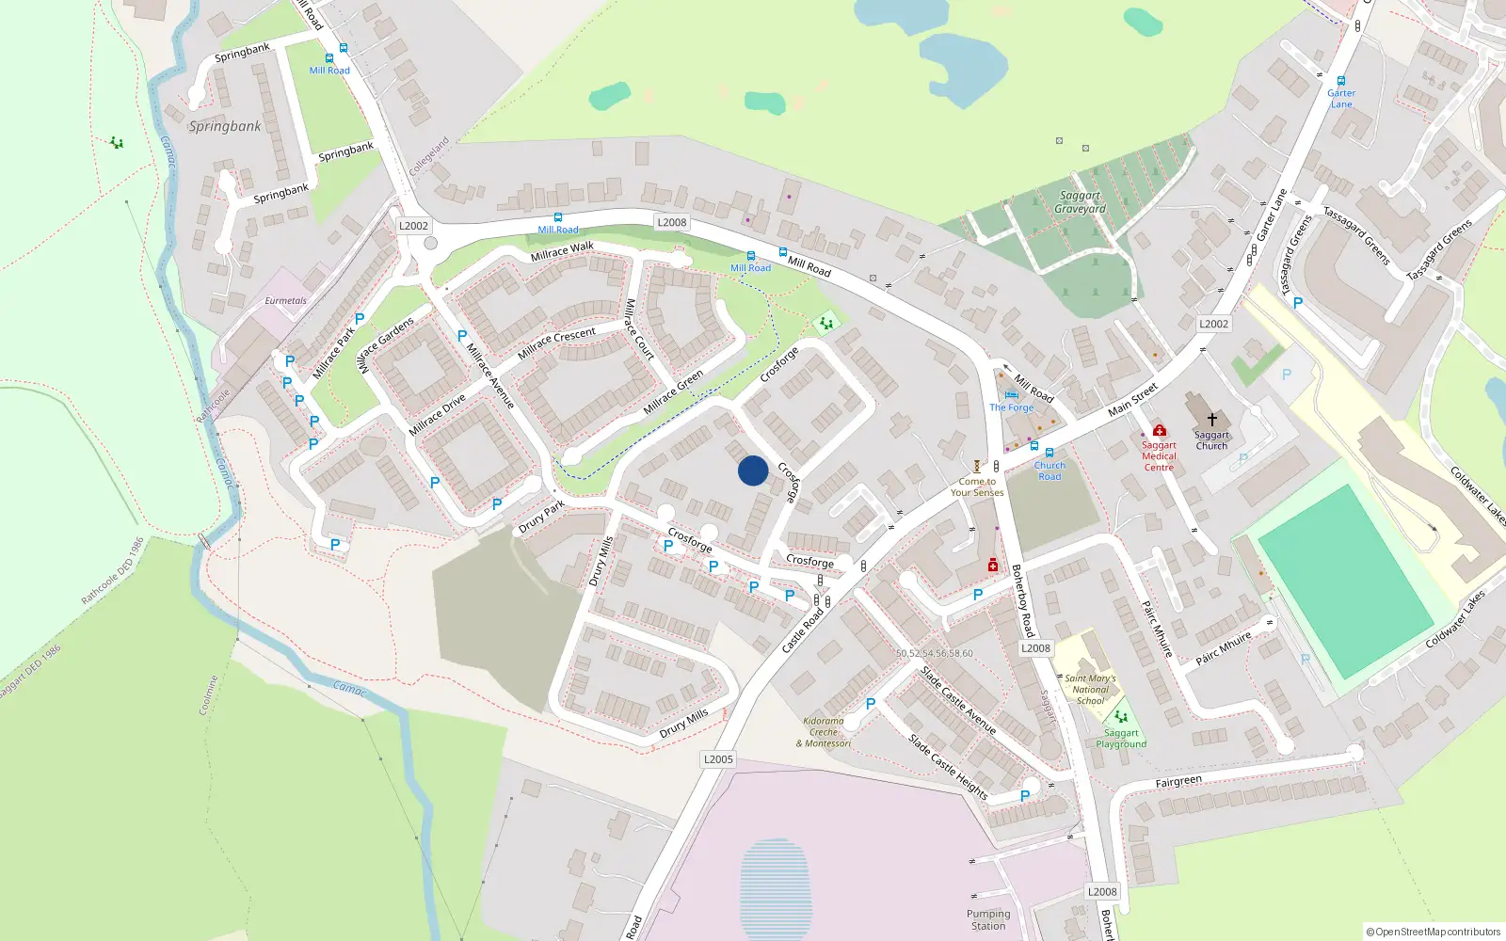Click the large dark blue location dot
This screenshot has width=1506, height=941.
pos(753,470)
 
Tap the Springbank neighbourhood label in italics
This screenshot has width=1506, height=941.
pos(225,126)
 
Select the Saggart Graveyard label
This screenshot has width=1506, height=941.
pos(1080,202)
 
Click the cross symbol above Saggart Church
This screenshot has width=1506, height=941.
pos(1212,419)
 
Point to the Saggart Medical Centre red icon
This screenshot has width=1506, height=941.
pos(1159,430)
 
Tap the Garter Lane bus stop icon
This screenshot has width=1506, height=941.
pos(1341,81)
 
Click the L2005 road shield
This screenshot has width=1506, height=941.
pos(718,759)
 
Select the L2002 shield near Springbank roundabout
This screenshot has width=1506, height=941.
pos(413,226)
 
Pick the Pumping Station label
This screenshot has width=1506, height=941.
pos(988,919)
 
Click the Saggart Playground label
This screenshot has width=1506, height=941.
pos(1121,739)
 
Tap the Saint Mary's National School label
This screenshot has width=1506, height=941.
pos(1090,689)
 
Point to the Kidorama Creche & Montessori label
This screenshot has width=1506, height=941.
pos(824,732)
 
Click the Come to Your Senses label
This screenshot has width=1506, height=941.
pos(977,486)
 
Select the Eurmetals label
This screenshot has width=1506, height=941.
pos(285,301)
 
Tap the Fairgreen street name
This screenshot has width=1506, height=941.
pos(1178,781)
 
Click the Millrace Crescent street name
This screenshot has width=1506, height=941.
pos(556,342)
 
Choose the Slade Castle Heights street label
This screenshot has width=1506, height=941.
pos(948,767)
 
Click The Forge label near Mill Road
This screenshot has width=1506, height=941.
pos(1011,407)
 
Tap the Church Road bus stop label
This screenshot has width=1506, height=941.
pos(1049,470)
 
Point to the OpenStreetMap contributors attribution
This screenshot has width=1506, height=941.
pos(1433,932)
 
